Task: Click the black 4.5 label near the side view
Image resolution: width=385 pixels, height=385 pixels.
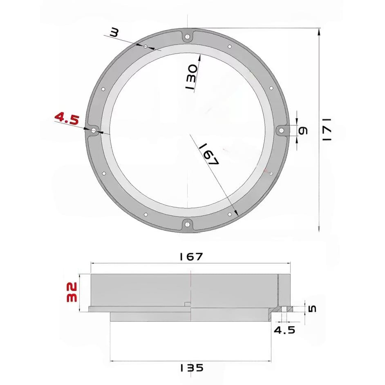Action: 284,330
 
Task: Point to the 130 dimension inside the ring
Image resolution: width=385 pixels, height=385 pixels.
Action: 192,77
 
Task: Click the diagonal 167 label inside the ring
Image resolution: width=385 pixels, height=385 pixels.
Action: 208,154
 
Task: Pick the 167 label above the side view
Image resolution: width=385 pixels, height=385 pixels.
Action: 190,257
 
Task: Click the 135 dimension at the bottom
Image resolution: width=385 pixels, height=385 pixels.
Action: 191,368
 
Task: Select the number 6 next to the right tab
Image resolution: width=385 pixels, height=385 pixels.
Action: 303,130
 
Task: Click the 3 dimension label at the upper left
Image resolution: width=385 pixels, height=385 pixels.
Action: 114,33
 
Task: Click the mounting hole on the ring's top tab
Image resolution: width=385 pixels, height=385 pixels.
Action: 187,37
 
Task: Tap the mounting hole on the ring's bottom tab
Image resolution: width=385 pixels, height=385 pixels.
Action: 187,224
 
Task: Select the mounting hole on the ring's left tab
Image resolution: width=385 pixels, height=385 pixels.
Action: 94,130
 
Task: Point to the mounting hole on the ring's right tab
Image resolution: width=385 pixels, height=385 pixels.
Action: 281,130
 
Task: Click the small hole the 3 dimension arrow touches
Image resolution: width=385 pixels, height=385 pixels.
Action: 145,47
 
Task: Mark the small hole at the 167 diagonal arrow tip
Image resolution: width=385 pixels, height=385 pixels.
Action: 230,214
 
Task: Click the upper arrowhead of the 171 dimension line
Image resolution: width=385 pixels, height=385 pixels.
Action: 319,31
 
